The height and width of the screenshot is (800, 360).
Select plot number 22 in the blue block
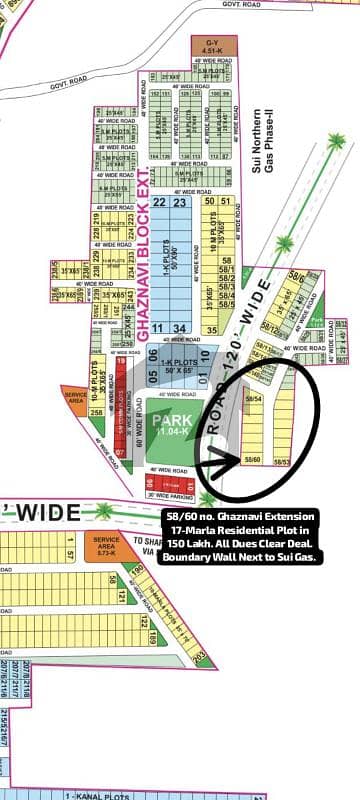click(159, 202)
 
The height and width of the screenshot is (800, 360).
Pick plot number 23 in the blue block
click(180, 202)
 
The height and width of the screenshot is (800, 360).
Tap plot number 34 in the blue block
click(180, 328)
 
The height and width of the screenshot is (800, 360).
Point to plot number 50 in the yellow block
click(206, 201)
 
